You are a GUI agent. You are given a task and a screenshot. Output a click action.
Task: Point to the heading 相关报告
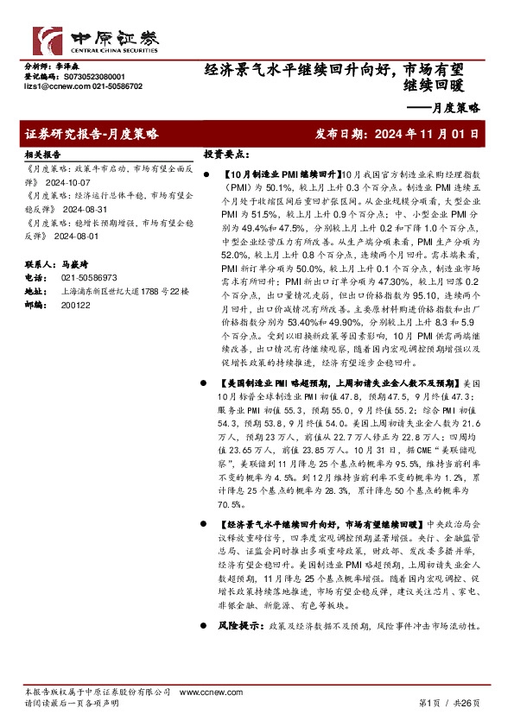click(41, 154)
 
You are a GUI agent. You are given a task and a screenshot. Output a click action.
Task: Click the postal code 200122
click(75, 306)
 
